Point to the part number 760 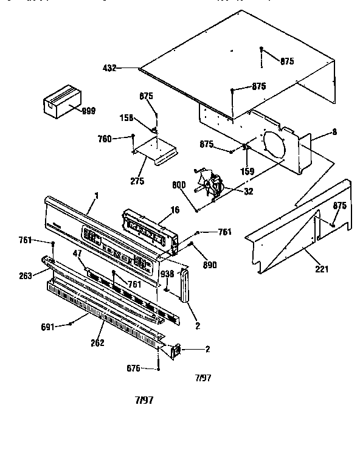(104, 139)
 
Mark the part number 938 (167, 274)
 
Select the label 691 (48, 327)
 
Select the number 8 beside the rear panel (334, 131)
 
